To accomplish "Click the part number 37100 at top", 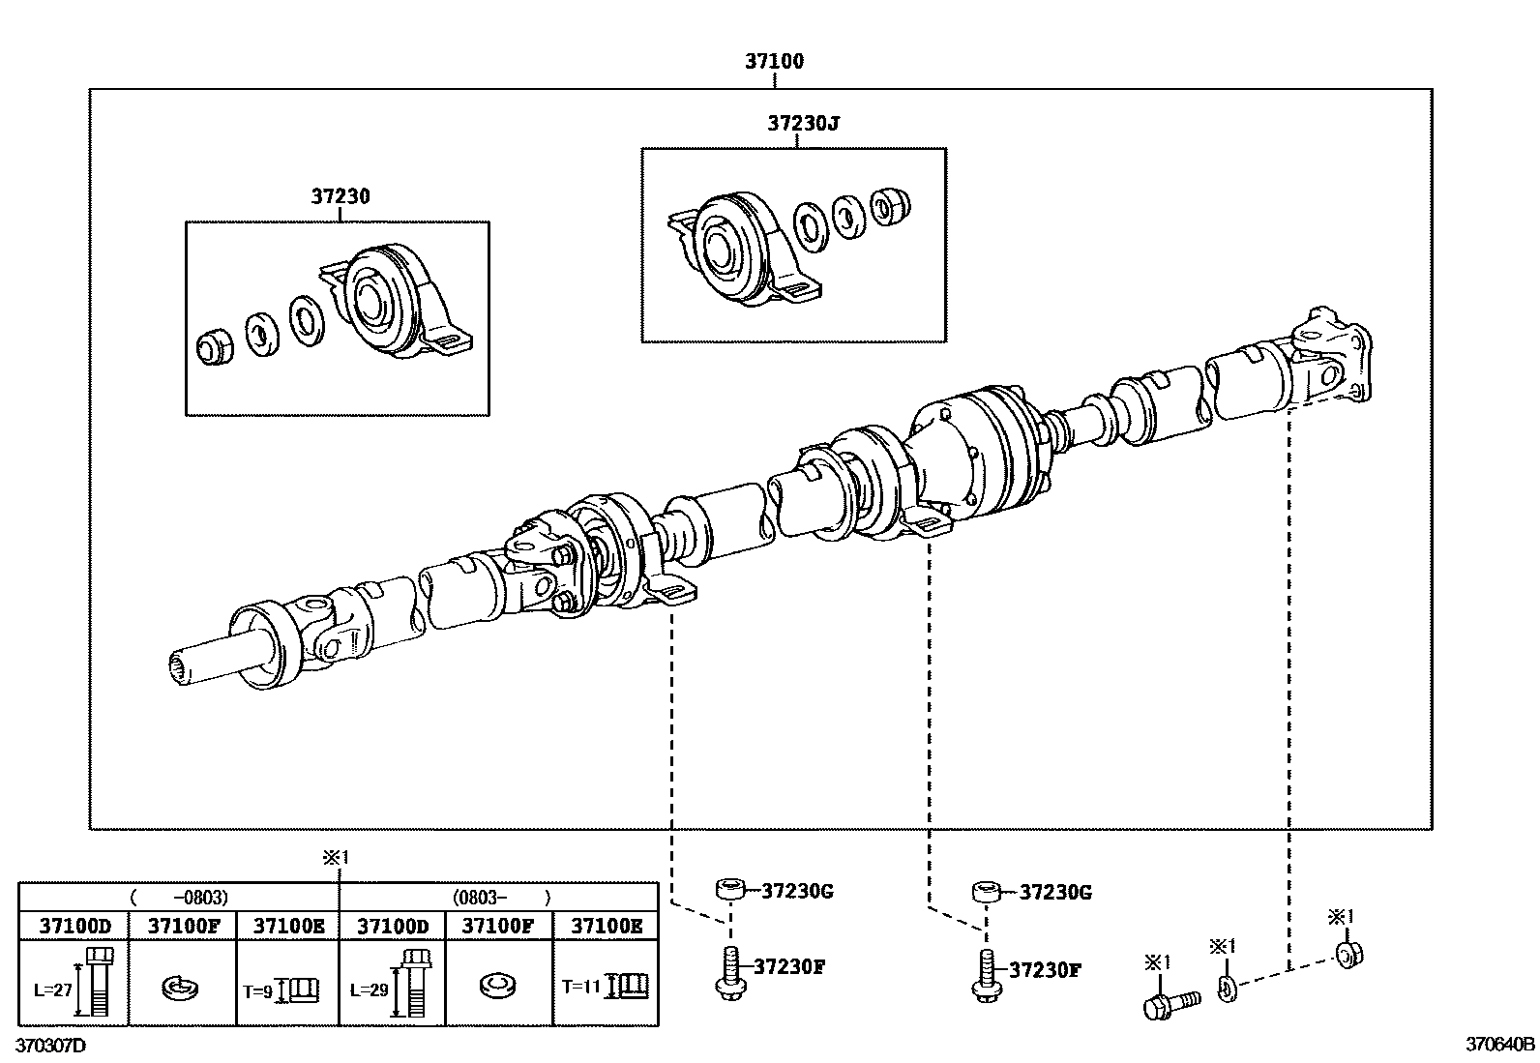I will [x=774, y=61].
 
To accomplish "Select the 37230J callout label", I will [x=804, y=124].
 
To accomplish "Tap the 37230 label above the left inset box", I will [x=341, y=196].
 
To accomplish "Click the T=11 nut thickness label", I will [x=580, y=987].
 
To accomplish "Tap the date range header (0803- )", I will [x=499, y=897].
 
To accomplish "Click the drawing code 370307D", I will [x=50, y=1046].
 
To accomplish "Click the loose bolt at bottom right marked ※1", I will [x=1170, y=1002].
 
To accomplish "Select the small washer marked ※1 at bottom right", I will [x=1227, y=989].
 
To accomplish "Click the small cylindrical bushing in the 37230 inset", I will [x=215, y=346].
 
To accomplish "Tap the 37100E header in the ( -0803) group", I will [x=287, y=926].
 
